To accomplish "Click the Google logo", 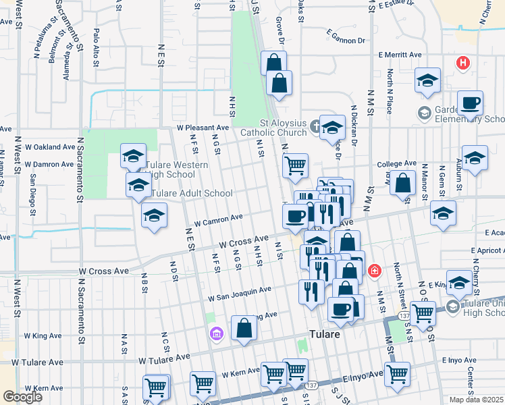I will coord(22,396).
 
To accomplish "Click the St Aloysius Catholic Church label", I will coord(284,128).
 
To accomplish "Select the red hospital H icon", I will coord(462,63).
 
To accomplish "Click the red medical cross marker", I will coord(373,271).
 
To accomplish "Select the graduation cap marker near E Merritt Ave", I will coord(427,81).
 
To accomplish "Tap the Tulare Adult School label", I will coord(190,193).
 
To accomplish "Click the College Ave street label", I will coord(396,164).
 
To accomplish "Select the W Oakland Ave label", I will coord(49,146).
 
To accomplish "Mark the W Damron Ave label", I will coord(49,164).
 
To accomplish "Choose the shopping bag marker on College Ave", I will coord(403,182).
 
